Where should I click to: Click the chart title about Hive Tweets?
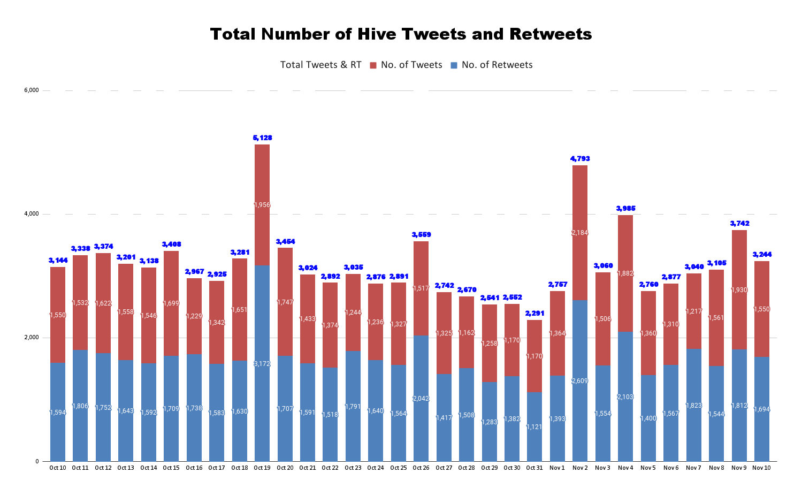click(x=401, y=34)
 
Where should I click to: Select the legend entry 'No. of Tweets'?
click(x=411, y=65)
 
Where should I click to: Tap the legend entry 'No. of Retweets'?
click(x=497, y=65)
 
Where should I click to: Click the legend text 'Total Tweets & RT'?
click(x=320, y=65)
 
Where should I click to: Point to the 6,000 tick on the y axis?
click(x=32, y=90)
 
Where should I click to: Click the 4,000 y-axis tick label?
click(x=32, y=214)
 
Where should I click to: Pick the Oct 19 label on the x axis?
click(x=262, y=468)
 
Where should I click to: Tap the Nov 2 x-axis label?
click(x=580, y=468)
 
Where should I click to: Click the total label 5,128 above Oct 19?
click(x=262, y=138)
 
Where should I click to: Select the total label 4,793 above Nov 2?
click(x=580, y=159)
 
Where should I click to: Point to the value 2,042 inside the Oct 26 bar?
click(x=421, y=399)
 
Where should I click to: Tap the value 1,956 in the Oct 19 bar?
click(x=262, y=205)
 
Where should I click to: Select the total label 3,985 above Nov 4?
click(x=625, y=209)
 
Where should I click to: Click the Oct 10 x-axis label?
click(x=58, y=468)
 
